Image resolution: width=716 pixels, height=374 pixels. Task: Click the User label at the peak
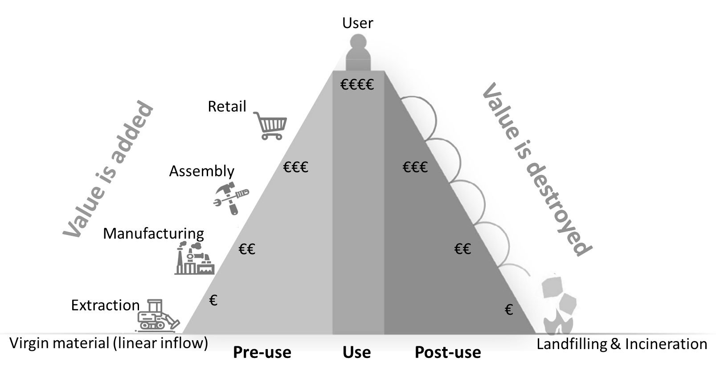click(357, 23)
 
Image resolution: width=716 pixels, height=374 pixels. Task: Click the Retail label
click(227, 107)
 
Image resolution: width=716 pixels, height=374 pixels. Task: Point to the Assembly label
click(201, 171)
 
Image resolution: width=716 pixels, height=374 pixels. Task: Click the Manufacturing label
click(153, 233)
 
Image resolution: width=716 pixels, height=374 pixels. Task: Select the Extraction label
click(106, 305)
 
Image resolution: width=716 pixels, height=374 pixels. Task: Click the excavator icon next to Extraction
click(157, 316)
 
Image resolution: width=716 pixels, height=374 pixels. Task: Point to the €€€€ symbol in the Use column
click(357, 85)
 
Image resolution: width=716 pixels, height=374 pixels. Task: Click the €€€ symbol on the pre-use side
click(296, 167)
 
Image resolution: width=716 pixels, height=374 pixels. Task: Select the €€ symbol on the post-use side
click(462, 249)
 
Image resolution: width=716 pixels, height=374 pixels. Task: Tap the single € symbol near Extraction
click(213, 301)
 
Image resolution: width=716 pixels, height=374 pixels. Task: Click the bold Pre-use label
click(262, 352)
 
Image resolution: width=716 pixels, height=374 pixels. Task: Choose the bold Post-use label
click(448, 352)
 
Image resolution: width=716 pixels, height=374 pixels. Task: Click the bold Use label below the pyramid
click(356, 352)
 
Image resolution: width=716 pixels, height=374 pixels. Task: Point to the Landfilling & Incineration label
click(622, 344)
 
